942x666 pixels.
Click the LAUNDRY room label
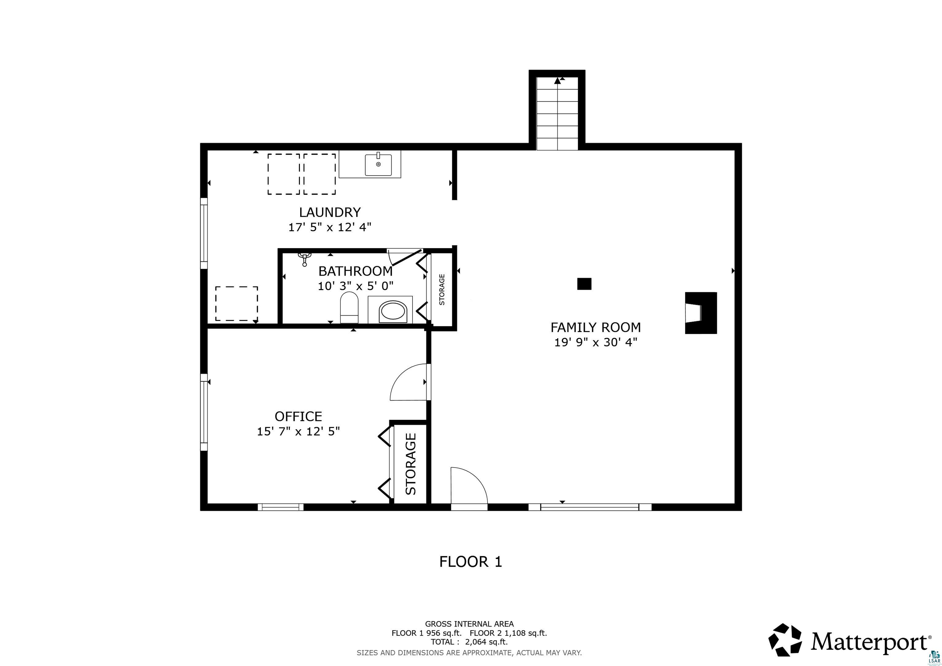point(330,212)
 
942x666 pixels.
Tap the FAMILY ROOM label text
point(595,327)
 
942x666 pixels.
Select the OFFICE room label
point(298,416)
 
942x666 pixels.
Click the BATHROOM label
point(355,271)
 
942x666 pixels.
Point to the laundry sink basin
point(378,165)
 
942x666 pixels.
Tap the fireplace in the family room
point(700,313)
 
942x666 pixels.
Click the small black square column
point(584,284)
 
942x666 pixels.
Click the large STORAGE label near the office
point(411,464)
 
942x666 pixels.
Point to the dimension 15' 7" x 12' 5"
point(298,432)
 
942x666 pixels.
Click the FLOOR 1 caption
point(471,562)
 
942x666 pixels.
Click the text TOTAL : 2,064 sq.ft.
point(469,642)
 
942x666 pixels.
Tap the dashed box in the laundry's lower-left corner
point(237,304)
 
